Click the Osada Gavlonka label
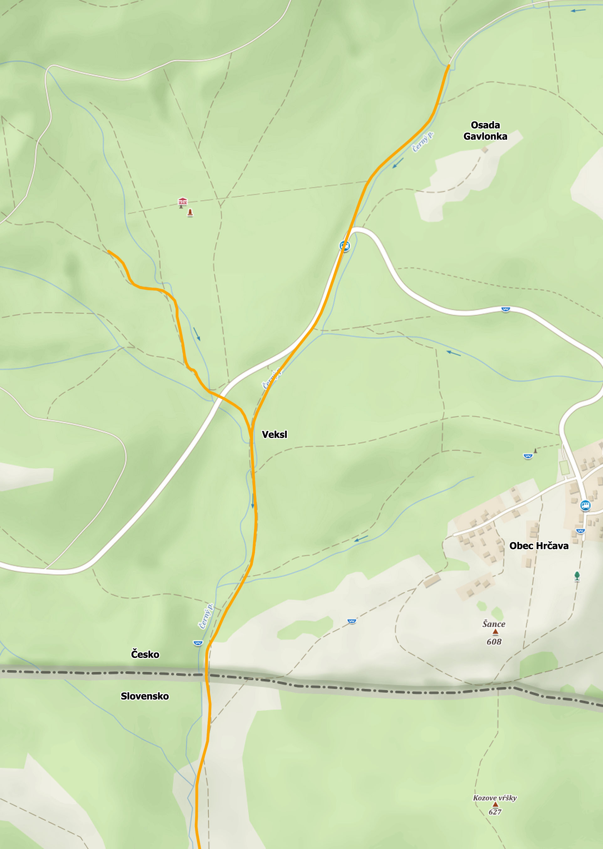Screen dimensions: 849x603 pyautogui.click(x=485, y=131)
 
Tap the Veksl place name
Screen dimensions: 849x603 pyautogui.click(x=275, y=435)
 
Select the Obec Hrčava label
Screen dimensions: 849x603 pyautogui.click(x=538, y=546)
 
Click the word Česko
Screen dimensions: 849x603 pyautogui.click(x=145, y=654)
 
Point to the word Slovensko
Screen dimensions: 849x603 pyautogui.click(x=145, y=696)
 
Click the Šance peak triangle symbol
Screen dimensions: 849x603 pyautogui.click(x=495, y=631)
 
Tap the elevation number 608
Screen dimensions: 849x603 pyautogui.click(x=494, y=642)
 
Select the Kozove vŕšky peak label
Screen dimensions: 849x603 pyautogui.click(x=495, y=798)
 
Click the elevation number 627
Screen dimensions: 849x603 pyautogui.click(x=495, y=812)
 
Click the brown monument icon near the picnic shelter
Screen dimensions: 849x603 pyautogui.click(x=190, y=213)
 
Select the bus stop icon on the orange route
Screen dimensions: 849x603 pyautogui.click(x=344, y=246)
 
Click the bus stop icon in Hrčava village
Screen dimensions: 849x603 pyautogui.click(x=585, y=505)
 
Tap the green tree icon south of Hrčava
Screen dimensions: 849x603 pyautogui.click(x=577, y=576)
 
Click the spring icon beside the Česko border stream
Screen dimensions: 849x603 pyautogui.click(x=198, y=643)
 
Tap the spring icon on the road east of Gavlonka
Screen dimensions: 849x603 pyautogui.click(x=505, y=309)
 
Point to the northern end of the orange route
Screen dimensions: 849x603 pyautogui.click(x=448, y=65)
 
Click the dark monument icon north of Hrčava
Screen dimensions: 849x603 pyautogui.click(x=535, y=451)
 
